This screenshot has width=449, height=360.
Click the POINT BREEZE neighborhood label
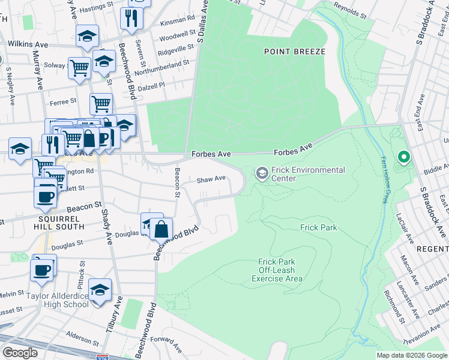pyautogui.click(x=294, y=52)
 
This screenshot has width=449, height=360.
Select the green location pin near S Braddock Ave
pyautogui.click(x=404, y=158)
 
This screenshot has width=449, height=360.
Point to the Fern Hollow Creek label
pyautogui.click(x=384, y=179)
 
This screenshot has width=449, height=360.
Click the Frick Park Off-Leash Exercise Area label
pyautogui.click(x=277, y=270)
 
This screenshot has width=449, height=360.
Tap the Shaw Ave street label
pyautogui.click(x=211, y=179)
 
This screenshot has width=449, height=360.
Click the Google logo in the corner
pyautogui.click(x=20, y=353)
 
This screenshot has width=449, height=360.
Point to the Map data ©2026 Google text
pyautogui.click(x=411, y=355)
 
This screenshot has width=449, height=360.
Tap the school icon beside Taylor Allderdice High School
pyautogui.click(x=100, y=290)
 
